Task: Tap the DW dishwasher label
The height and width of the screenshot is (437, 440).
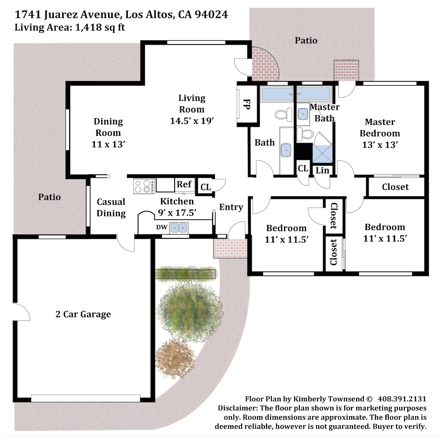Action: pyautogui.click(x=162, y=227)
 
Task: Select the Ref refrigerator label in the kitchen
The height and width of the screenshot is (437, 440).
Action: pyautogui.click(x=184, y=184)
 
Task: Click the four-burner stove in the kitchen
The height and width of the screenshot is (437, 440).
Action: pyautogui.click(x=144, y=186)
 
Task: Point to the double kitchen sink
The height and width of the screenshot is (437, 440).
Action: pyautogui.click(x=179, y=228)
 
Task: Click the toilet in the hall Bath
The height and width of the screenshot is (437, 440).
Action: pyautogui.click(x=284, y=115)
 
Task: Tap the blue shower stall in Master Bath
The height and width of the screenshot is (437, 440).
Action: pyautogui.click(x=322, y=154)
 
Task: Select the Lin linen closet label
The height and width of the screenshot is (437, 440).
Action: pyautogui.click(x=322, y=170)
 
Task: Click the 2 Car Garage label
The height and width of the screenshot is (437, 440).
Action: pyautogui.click(x=83, y=314)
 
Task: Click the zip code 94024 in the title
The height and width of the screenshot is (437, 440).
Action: pyautogui.click(x=211, y=14)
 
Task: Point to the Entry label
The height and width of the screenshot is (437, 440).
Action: pyautogui.click(x=231, y=207)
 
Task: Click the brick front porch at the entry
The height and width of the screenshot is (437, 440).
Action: pyautogui.click(x=230, y=248)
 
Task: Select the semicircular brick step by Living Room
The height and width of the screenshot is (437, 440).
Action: pyautogui.click(x=264, y=64)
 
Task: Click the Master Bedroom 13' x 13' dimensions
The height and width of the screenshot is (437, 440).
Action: pyautogui.click(x=380, y=145)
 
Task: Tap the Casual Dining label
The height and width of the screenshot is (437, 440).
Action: pyautogui.click(x=111, y=207)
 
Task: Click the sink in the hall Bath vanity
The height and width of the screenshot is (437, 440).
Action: pyautogui.click(x=286, y=150)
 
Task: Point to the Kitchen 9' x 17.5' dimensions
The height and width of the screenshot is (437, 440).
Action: pyautogui.click(x=177, y=213)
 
